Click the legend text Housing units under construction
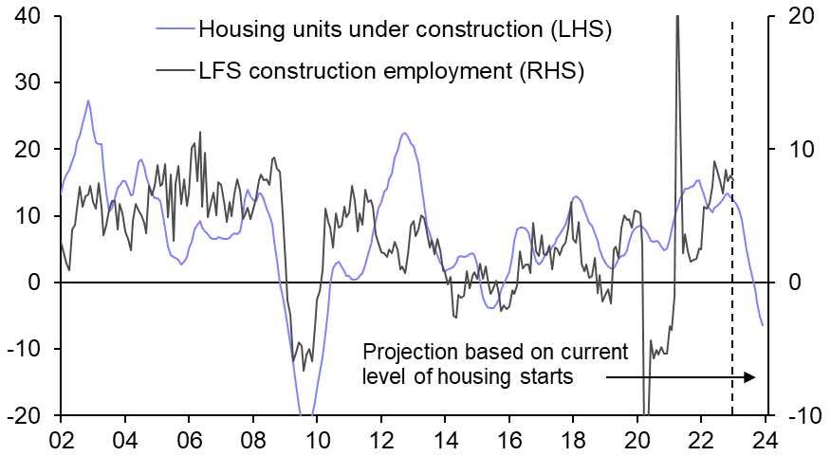[x=404, y=29]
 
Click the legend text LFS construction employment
[x=391, y=69]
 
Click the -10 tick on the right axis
[x=794, y=416]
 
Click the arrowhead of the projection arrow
[x=750, y=377]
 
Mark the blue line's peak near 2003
[x=88, y=100]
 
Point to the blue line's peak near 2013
[x=404, y=134]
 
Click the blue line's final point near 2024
[x=763, y=325]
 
